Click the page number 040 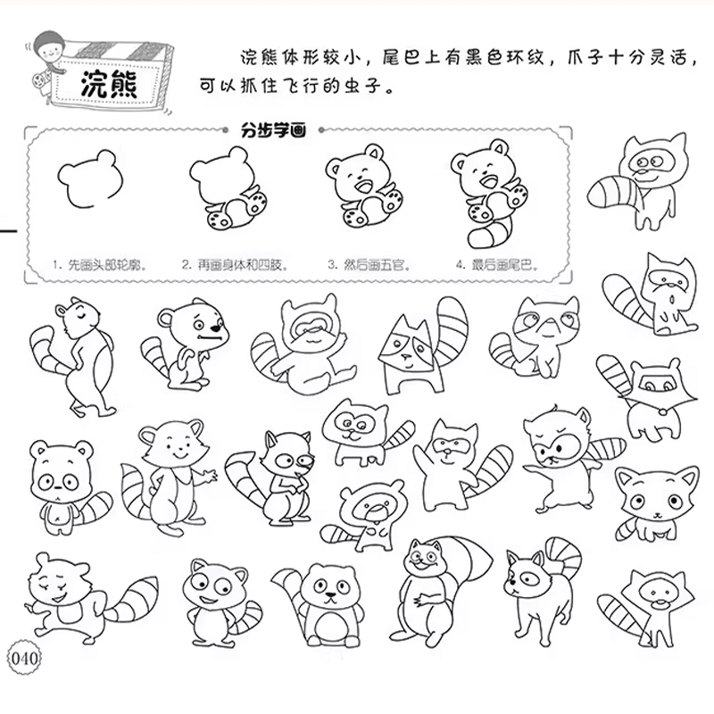pyautogui.click(x=25, y=659)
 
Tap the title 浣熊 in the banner pyautogui.click(x=109, y=84)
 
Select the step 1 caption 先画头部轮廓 pyautogui.click(x=107, y=265)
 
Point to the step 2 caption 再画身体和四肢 pyautogui.click(x=240, y=265)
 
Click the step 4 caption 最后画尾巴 pyautogui.click(x=504, y=265)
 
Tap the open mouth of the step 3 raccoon pyautogui.click(x=364, y=187)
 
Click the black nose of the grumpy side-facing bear pyautogui.click(x=216, y=327)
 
